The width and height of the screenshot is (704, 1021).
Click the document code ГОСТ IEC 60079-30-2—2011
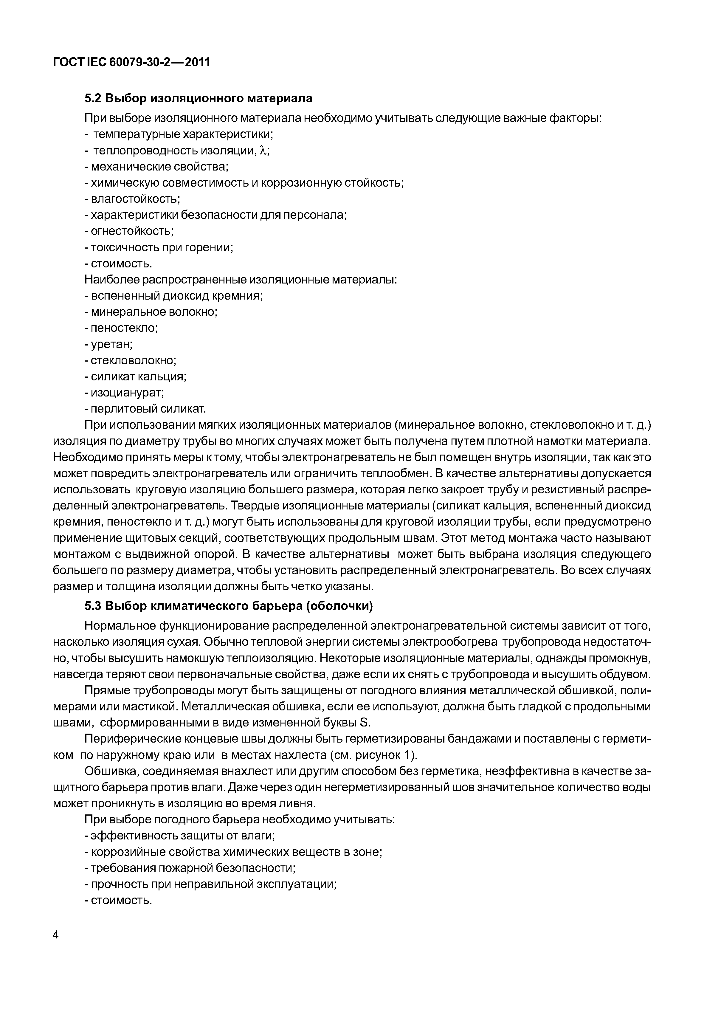131,63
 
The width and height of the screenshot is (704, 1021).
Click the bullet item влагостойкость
135,199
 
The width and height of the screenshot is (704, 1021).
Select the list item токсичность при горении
162,247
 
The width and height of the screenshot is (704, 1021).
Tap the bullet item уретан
111,344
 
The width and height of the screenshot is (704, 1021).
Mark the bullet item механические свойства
159,167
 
